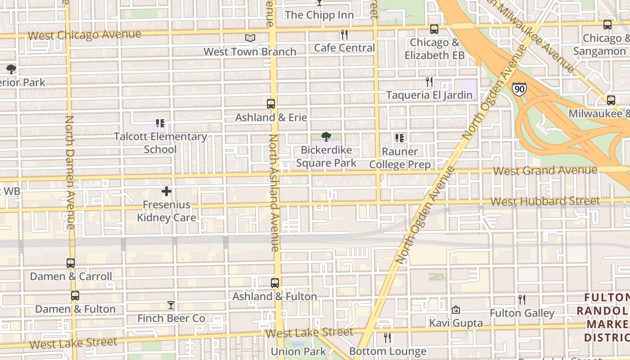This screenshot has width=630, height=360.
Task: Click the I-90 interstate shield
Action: tap(519, 88)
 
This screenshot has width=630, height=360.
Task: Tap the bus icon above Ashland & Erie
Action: tap(271, 104)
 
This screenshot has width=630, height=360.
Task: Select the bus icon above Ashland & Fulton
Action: tap(275, 283)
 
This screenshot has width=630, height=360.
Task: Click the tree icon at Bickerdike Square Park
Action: tap(326, 137)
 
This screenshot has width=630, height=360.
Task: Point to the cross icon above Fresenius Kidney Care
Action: tap(166, 191)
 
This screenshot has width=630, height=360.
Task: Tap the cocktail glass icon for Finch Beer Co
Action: tap(171, 305)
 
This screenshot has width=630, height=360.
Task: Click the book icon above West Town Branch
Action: tap(250, 38)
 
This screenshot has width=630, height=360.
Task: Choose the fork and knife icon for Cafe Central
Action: tap(344, 35)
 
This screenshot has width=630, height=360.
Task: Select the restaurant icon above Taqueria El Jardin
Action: tap(429, 82)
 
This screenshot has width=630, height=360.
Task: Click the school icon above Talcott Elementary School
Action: tap(160, 123)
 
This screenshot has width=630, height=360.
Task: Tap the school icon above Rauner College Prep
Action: tap(399, 138)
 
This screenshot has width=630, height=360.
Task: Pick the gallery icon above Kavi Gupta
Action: tap(456, 310)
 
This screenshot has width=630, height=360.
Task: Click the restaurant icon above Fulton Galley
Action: tap(522, 299)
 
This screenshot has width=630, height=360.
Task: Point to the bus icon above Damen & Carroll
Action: tap(71, 263)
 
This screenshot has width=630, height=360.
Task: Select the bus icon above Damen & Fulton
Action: tap(75, 296)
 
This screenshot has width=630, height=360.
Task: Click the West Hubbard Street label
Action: tap(545, 201)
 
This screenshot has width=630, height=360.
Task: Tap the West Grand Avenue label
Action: tap(545, 171)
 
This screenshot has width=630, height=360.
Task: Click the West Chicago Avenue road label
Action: tap(84, 35)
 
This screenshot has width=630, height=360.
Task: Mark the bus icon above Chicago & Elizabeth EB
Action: tap(434, 29)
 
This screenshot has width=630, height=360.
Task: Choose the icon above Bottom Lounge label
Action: tap(387, 337)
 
